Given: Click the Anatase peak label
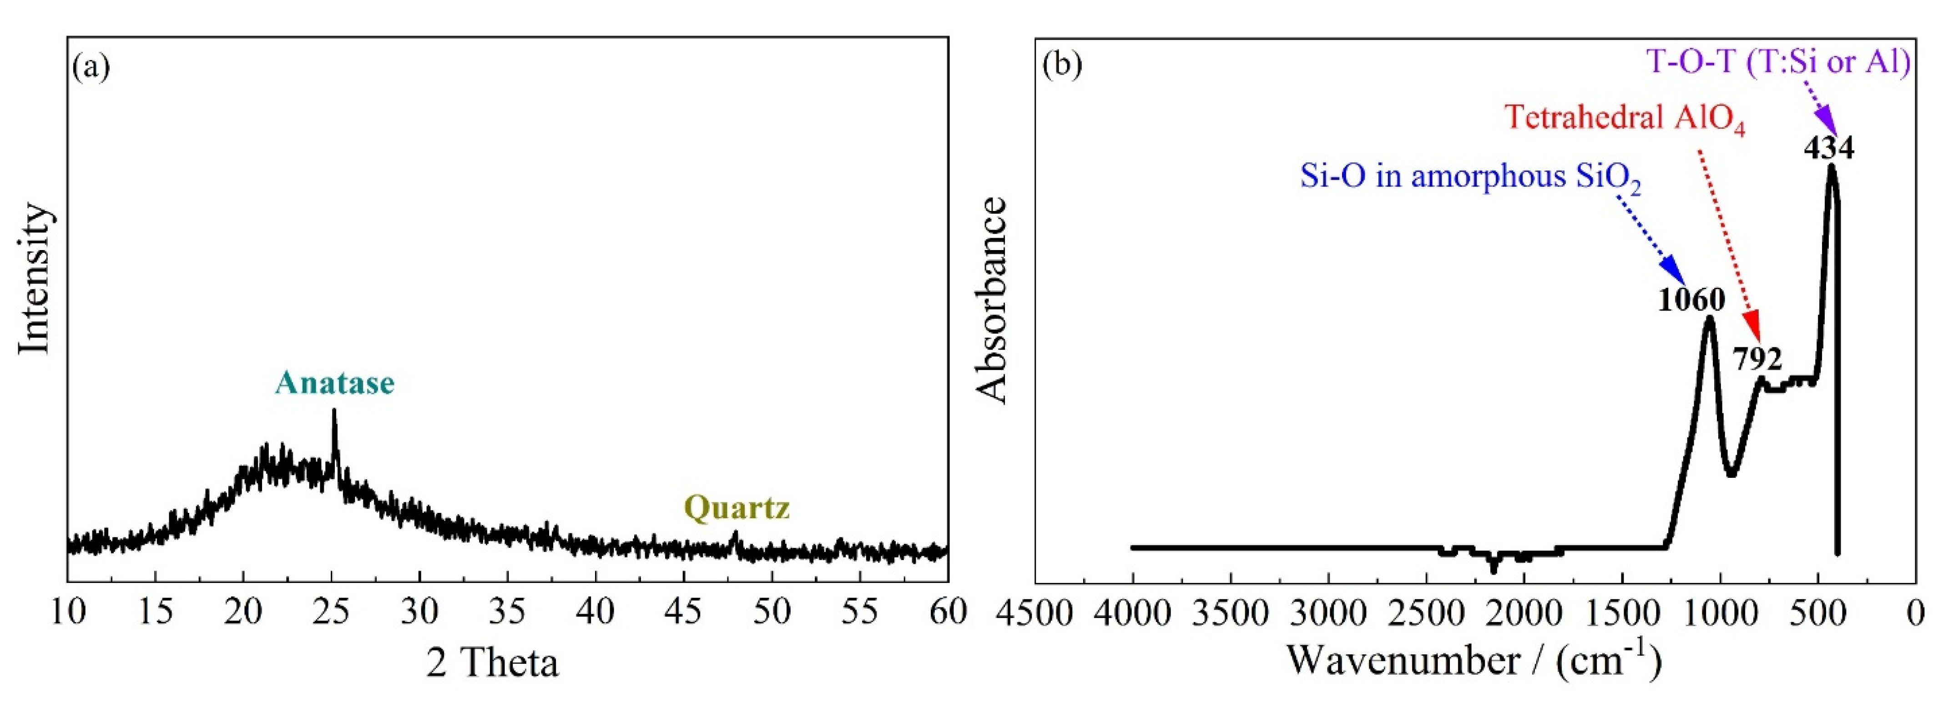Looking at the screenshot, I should click(334, 383).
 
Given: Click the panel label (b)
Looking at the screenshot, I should click(1062, 66).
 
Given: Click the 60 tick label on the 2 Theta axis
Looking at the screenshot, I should click(947, 612).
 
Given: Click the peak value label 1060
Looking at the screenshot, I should click(1691, 300).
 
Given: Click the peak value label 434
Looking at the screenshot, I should click(1828, 148).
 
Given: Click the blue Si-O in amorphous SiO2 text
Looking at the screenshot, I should click(1470, 178).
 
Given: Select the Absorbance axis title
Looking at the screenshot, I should click(991, 300).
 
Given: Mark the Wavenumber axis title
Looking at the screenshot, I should click(1474, 661).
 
